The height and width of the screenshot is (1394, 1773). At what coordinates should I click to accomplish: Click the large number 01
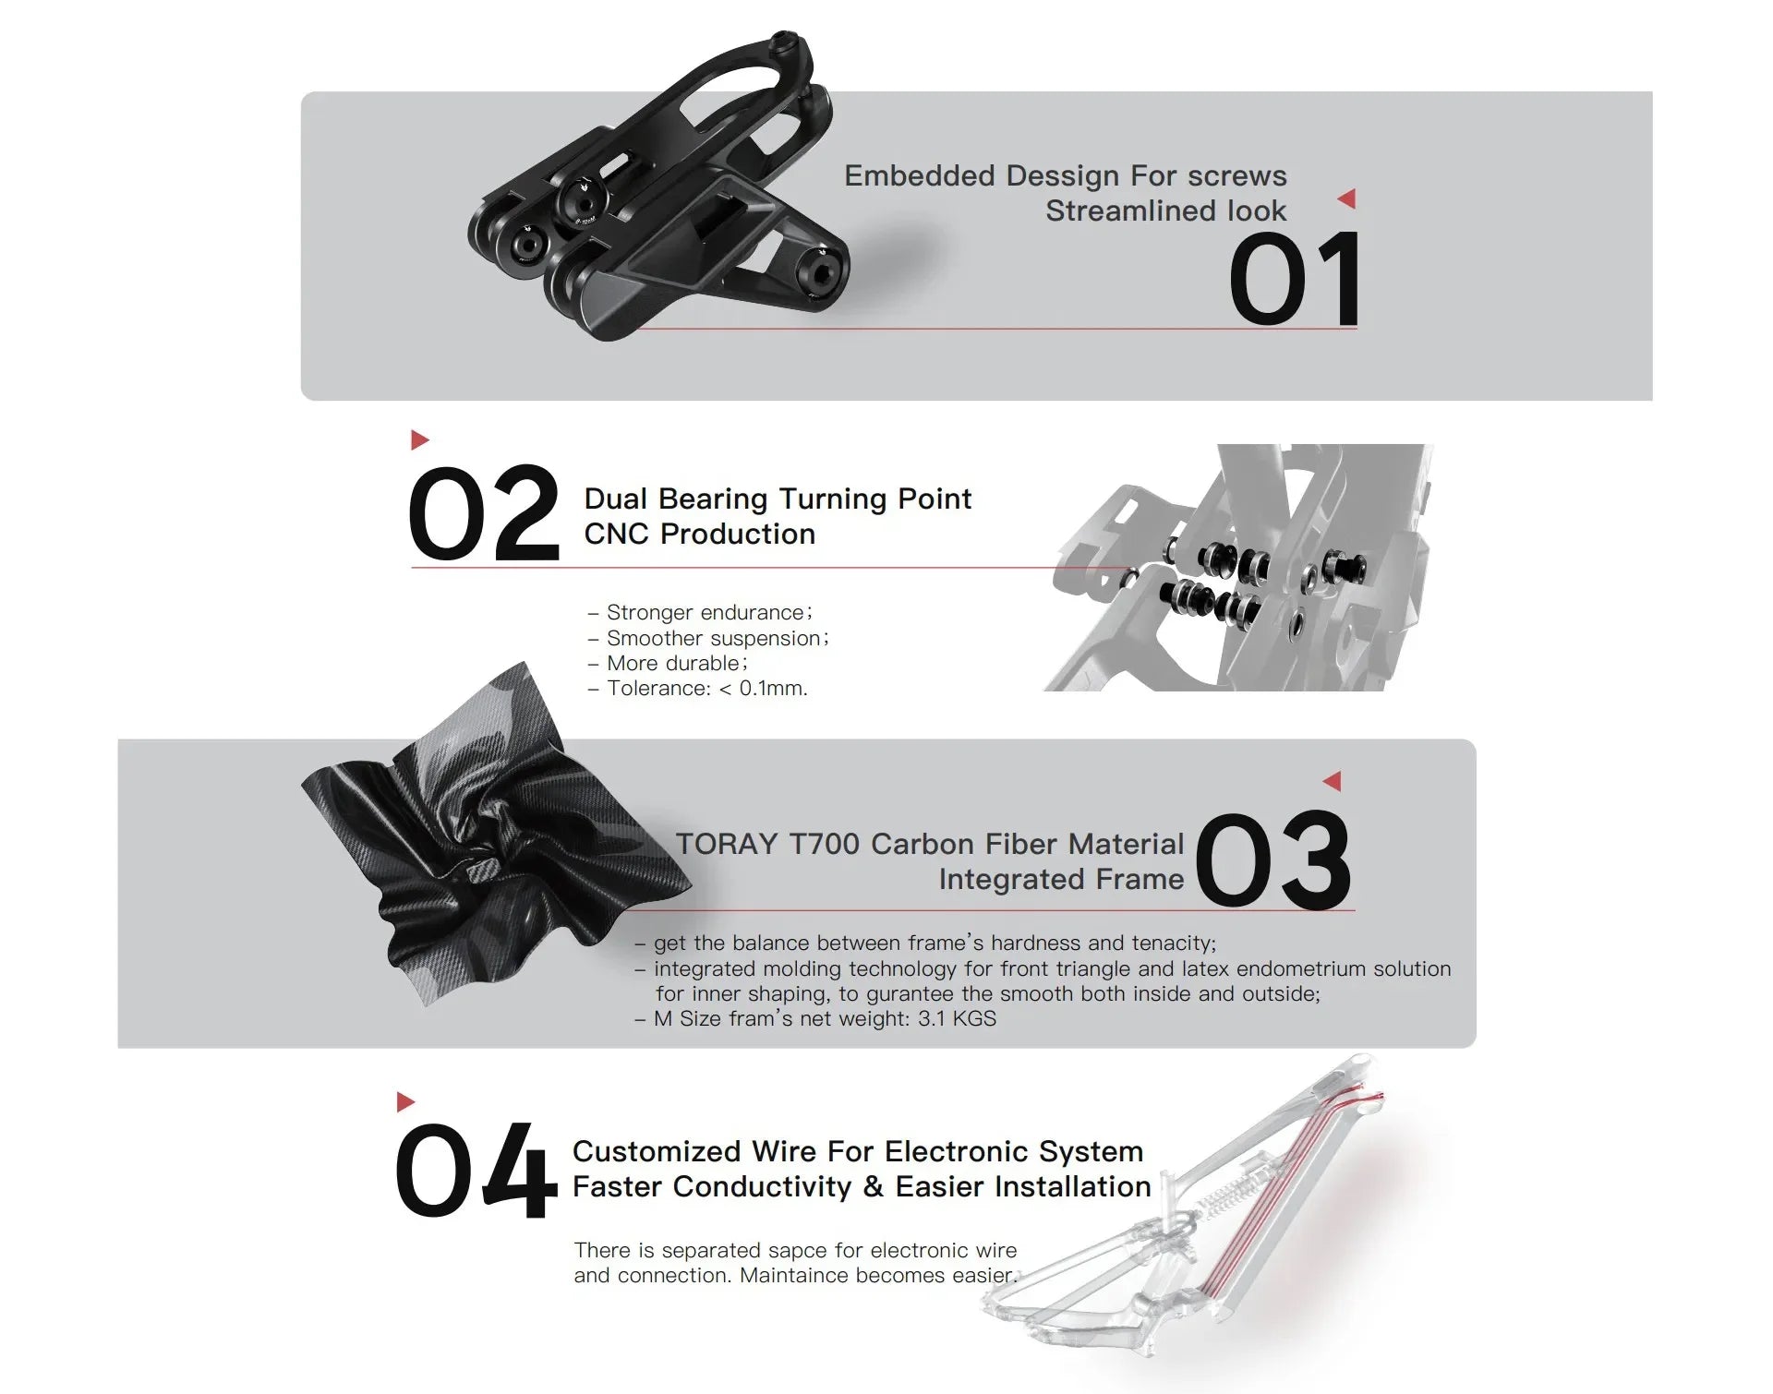(1295, 278)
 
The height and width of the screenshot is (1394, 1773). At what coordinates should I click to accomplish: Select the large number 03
(1273, 860)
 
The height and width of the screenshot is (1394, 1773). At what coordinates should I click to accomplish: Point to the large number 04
(476, 1171)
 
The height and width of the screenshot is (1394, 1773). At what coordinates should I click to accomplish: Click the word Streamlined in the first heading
(1131, 210)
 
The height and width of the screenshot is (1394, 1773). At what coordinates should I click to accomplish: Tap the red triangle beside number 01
(1346, 198)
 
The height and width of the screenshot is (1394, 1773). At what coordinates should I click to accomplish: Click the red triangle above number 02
(420, 439)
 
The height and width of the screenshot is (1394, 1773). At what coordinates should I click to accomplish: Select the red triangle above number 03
(1332, 781)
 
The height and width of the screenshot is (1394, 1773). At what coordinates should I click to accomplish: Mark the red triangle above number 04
(405, 1101)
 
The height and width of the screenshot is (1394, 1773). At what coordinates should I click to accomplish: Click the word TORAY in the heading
(727, 844)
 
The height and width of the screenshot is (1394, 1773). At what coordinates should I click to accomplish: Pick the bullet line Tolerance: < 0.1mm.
(698, 688)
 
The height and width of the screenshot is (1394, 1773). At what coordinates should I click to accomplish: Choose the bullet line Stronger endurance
(700, 612)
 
